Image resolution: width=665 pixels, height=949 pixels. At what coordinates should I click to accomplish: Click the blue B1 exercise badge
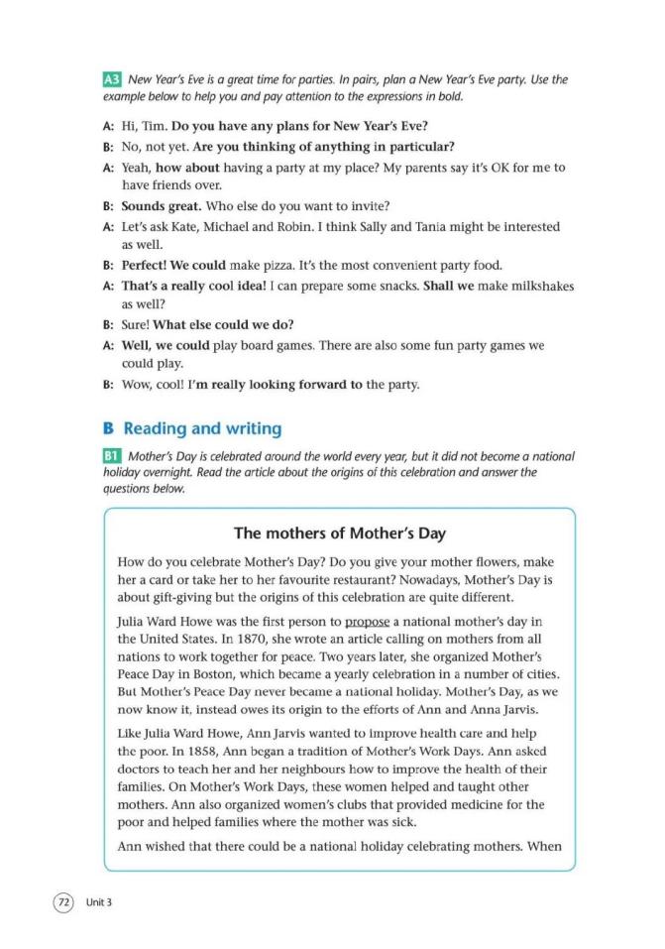click(x=111, y=456)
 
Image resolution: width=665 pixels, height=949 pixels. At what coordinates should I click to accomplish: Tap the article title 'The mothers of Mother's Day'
click(x=340, y=534)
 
